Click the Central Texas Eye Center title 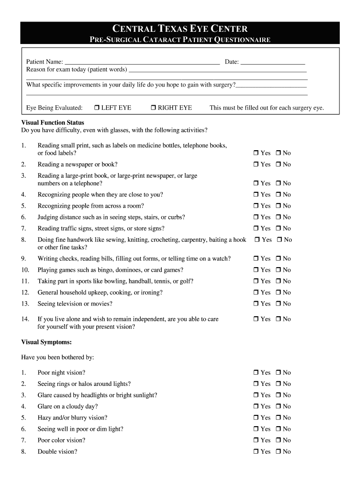pos(180,29)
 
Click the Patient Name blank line pos(142,62)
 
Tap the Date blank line pos(273,62)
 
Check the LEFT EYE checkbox pos(96,108)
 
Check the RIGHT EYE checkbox pos(153,108)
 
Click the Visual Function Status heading pos(53,123)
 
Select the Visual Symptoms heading pos(46,342)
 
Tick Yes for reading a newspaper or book pos(256,165)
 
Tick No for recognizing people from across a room pos(278,206)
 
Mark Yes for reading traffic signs pos(256,229)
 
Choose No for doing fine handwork pos(280,240)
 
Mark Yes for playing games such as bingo pos(256,270)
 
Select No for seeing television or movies pos(278,304)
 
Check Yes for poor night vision pos(256,373)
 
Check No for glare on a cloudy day pos(278,407)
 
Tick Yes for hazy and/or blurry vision pos(256,418)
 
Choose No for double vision pos(278,452)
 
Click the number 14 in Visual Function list pos(25,319)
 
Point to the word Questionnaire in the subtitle pos(242,40)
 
